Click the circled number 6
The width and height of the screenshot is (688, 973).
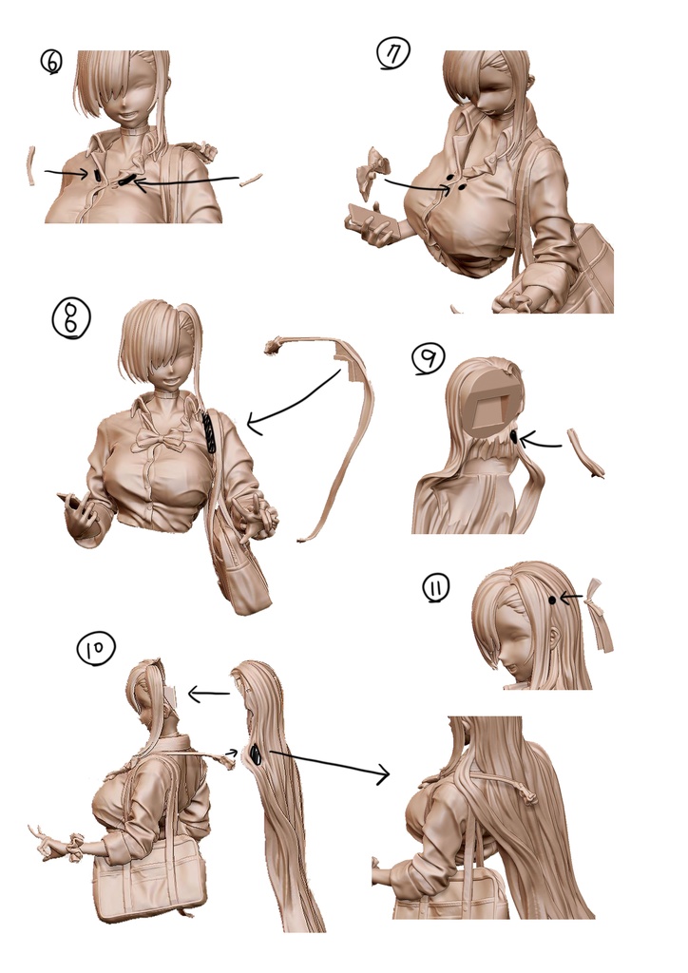[x=51, y=62]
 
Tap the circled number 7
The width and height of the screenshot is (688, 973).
[x=393, y=54]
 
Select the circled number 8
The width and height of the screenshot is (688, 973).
[x=71, y=319]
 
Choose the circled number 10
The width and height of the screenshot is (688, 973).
[x=96, y=648]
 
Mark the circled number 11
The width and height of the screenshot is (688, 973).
[x=436, y=588]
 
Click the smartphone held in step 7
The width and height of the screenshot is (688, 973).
[x=371, y=220]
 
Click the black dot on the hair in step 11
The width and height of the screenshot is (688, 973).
[x=551, y=600]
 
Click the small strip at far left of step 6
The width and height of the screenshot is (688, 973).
[x=29, y=166]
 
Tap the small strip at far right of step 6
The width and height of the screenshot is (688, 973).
[x=251, y=180]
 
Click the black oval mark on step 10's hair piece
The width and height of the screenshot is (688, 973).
[x=255, y=754]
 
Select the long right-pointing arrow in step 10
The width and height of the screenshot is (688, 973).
[x=330, y=763]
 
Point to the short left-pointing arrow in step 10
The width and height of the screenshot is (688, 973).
[x=208, y=694]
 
